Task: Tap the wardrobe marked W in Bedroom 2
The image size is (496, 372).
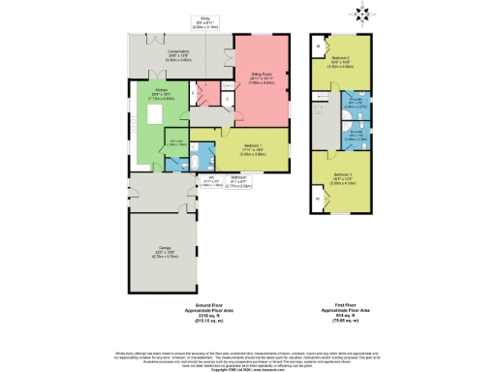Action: tap(319, 46)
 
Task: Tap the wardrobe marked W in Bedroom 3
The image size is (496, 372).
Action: tap(319, 201)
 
